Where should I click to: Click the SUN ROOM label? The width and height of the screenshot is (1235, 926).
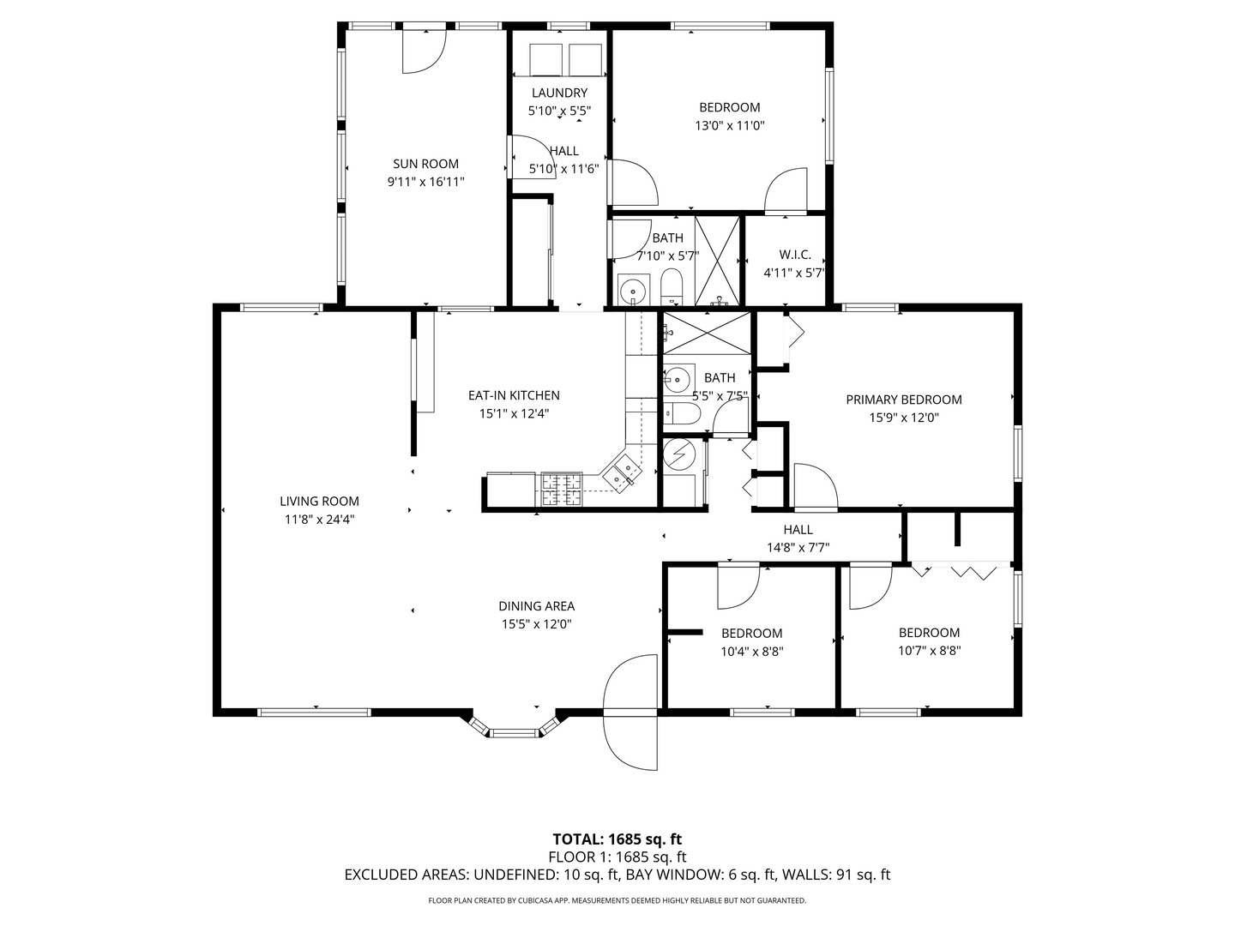coord(425,164)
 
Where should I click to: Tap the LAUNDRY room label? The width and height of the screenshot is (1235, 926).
coord(559,93)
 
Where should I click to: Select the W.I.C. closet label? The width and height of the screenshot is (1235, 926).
coord(794,255)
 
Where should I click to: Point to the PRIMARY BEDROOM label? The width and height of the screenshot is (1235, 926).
coord(903,400)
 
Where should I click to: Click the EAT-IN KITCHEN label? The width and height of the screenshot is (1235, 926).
coord(513,395)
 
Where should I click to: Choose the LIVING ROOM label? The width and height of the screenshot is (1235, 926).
coord(319,502)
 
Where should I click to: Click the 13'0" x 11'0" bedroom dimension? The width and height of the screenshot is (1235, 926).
coord(729,125)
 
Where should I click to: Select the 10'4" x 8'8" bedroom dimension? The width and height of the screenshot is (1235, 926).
coord(751,651)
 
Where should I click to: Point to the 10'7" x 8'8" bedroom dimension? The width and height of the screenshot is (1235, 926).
coord(929,651)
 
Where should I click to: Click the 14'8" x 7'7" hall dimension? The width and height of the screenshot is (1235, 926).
coord(798,547)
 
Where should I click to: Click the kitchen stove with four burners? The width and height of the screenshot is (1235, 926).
coord(561,490)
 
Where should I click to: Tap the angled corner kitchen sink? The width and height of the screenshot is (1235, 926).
coord(622,472)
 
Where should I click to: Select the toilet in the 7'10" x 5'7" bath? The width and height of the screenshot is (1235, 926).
coord(671,285)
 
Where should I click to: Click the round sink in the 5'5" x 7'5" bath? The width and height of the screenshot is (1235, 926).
coord(678,377)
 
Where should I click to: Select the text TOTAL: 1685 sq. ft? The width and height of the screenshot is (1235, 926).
coord(617,839)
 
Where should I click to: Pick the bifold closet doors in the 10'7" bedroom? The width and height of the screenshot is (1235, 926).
coord(961,570)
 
